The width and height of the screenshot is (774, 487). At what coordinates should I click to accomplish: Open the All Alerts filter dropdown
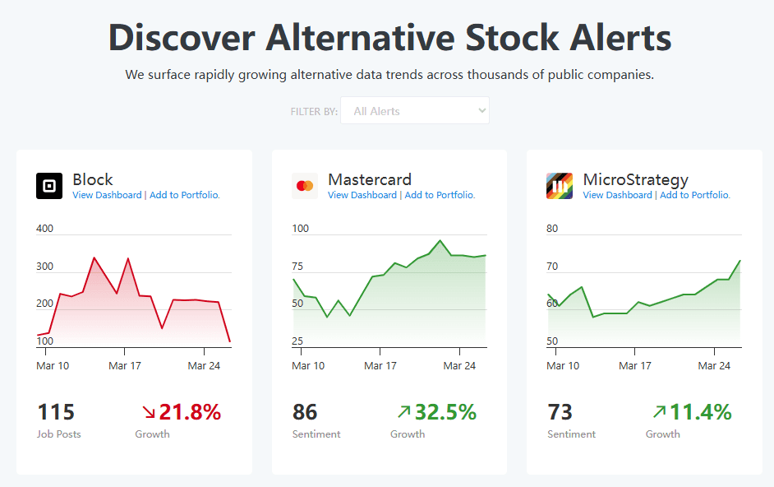(x=415, y=111)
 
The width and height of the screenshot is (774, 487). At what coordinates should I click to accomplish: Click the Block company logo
(x=49, y=186)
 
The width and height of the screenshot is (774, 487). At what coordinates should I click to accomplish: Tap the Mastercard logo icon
(x=305, y=186)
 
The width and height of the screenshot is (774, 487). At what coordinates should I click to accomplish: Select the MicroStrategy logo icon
(x=560, y=186)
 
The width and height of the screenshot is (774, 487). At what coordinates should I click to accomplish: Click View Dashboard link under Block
(x=107, y=195)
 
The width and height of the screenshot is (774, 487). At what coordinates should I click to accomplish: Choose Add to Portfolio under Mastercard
(x=440, y=195)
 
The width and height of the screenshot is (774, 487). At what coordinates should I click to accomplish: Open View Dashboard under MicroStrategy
(x=617, y=195)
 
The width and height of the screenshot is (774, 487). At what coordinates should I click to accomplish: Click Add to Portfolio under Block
(x=185, y=195)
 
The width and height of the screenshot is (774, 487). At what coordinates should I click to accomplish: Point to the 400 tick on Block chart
(x=45, y=229)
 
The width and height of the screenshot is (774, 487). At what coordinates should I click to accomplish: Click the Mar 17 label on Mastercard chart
(x=380, y=365)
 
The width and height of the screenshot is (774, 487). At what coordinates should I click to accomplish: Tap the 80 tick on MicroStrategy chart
(x=552, y=229)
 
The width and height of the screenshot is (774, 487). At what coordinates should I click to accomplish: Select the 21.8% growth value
(x=190, y=412)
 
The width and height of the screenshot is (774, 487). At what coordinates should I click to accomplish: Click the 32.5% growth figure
(x=445, y=412)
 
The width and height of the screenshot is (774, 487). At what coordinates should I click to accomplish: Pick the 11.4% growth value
(x=700, y=412)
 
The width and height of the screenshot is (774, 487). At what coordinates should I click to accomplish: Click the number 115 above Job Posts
(x=56, y=412)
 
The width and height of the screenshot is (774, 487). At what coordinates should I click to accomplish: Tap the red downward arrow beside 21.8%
(x=149, y=412)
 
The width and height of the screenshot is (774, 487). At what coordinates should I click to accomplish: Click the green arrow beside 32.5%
(x=403, y=411)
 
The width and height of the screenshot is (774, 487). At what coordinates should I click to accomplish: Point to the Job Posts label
(x=59, y=434)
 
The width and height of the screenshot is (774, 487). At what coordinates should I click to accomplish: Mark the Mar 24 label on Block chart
(x=204, y=365)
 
